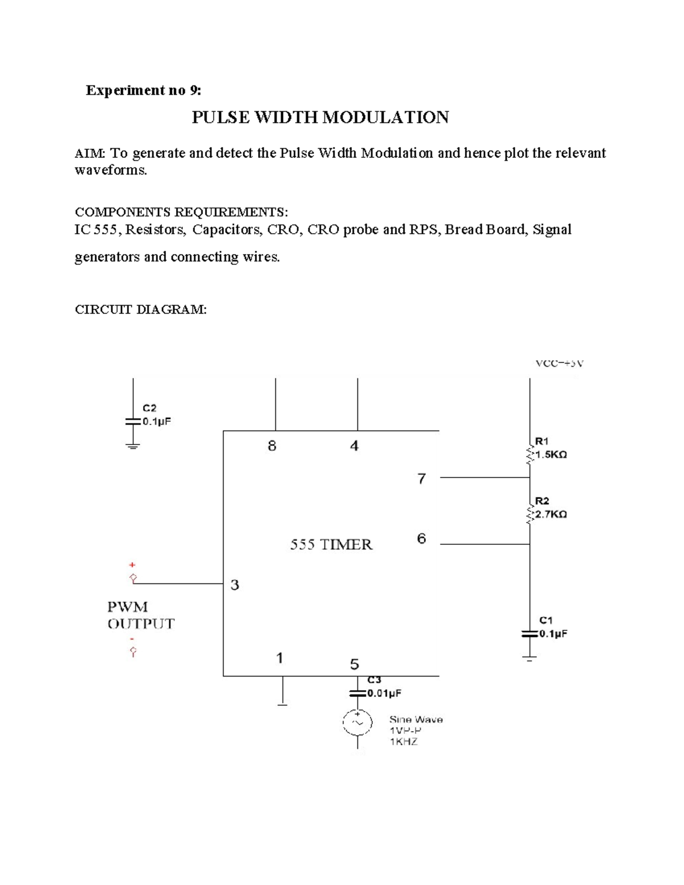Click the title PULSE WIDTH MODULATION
(320, 117)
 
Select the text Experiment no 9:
(143, 90)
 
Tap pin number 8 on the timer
(272, 446)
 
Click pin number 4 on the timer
(354, 446)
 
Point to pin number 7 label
(421, 479)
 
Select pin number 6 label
(421, 539)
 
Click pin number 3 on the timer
(235, 585)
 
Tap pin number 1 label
(279, 658)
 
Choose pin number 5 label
(355, 664)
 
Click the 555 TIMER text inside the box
(331, 545)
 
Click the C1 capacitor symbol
(530, 634)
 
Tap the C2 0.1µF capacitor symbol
(132, 422)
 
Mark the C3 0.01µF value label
(384, 694)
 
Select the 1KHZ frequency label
(404, 741)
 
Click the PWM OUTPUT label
(141, 615)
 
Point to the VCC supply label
(559, 363)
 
